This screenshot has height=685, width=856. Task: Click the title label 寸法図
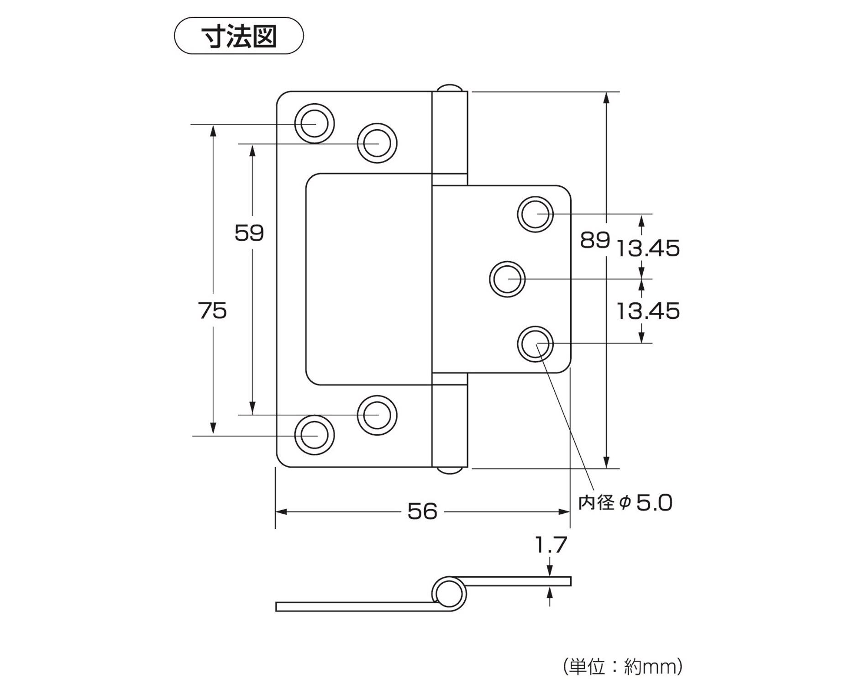click(239, 36)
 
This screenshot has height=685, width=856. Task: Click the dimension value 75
click(213, 311)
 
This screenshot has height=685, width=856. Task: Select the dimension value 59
click(249, 233)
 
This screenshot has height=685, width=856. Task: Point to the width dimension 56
click(422, 511)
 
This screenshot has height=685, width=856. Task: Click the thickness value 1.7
click(551, 545)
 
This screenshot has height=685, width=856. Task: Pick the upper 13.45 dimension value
click(648, 249)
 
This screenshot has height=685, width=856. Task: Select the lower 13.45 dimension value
click(648, 311)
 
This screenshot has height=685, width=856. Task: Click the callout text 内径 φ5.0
click(625, 503)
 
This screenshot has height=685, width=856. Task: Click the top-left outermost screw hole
click(315, 123)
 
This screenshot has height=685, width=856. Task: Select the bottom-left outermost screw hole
click(315, 435)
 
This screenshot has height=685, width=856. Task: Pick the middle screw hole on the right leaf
click(507, 279)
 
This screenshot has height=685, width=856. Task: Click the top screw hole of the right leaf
click(535, 214)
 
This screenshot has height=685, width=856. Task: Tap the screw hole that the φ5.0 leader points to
click(535, 344)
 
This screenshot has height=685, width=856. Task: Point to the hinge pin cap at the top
click(450, 88)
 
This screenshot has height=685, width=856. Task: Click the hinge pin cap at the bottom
click(450, 470)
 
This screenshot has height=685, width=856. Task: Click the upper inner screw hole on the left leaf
click(377, 143)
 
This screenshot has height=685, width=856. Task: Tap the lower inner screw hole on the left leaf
click(377, 415)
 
